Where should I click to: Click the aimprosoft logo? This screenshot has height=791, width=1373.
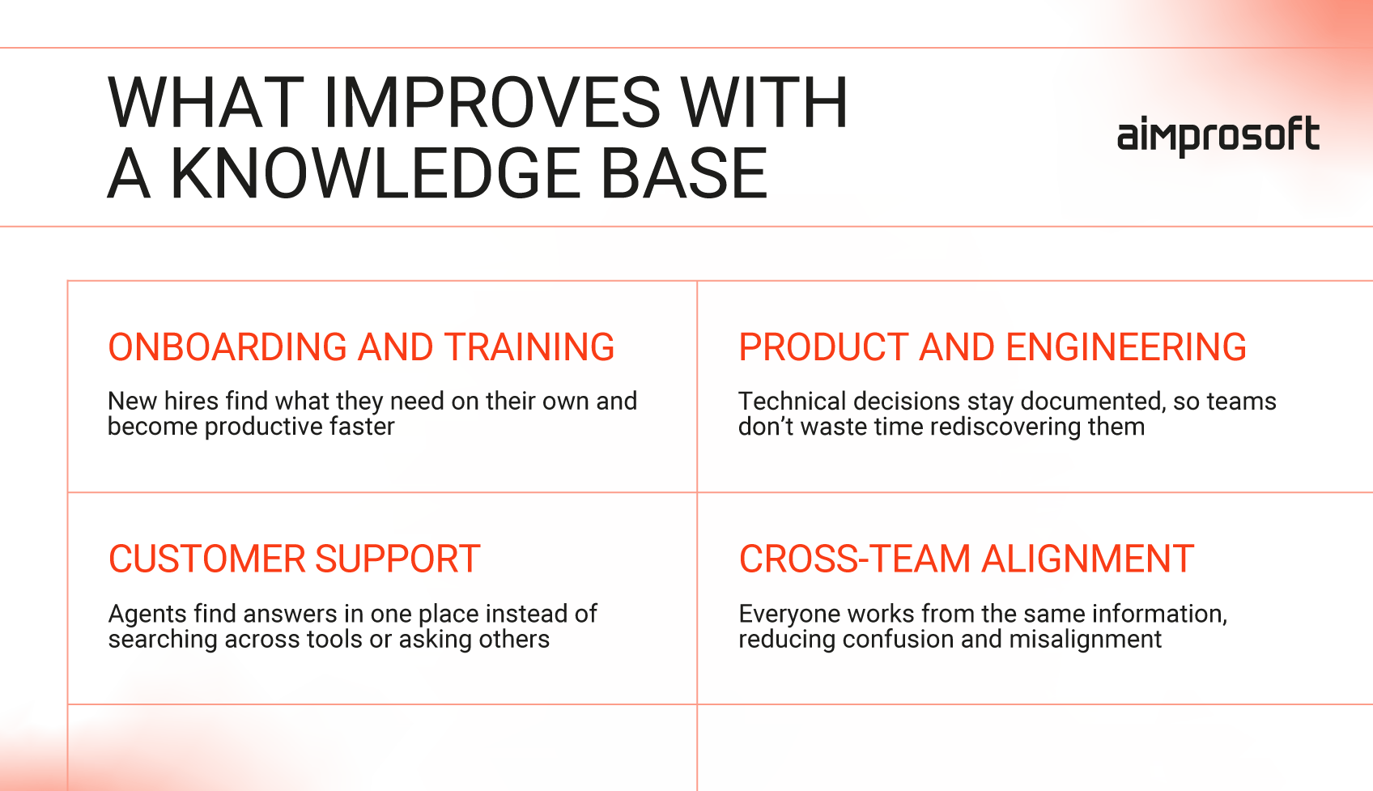coord(1218,136)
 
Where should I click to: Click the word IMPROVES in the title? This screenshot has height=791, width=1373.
coord(491,102)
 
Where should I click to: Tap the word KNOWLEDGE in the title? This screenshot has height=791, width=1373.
coord(375,173)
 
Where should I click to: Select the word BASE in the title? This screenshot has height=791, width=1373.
coord(683,173)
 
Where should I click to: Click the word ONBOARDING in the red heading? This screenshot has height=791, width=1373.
coord(227,347)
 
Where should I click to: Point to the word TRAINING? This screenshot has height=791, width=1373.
coord(529,347)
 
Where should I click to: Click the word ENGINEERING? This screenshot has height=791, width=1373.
coord(1126,347)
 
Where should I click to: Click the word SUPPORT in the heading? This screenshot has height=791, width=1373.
coord(397,559)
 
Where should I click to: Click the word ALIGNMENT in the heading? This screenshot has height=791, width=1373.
coord(1088,559)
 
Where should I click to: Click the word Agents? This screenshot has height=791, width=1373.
coord(147,615)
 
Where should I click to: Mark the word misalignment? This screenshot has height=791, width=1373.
coord(1086,640)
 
